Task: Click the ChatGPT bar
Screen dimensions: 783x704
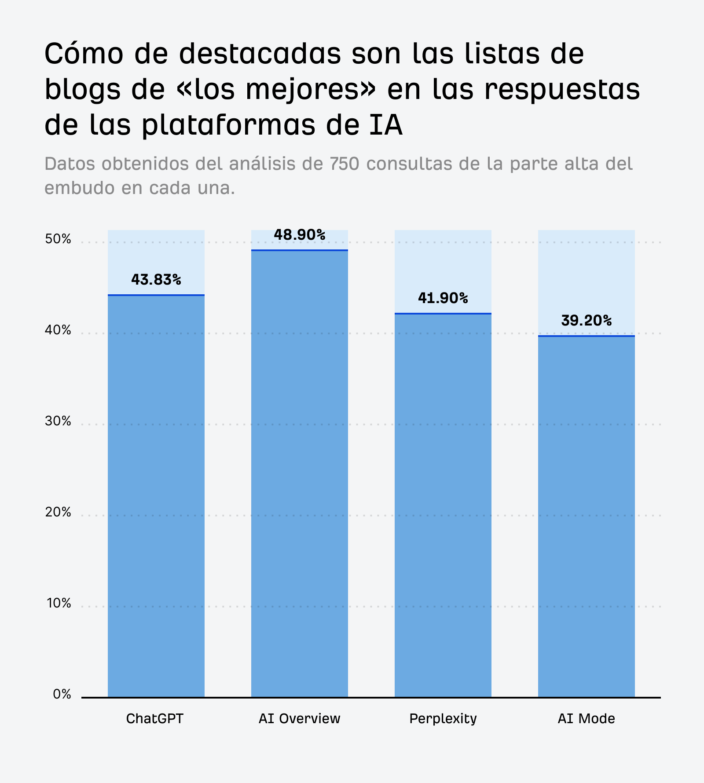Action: click(x=156, y=496)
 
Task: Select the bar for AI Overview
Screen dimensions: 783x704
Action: click(x=300, y=473)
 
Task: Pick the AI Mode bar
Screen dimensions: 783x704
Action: click(x=587, y=516)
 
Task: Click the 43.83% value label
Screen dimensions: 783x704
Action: click(x=156, y=280)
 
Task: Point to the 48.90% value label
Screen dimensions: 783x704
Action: click(x=300, y=235)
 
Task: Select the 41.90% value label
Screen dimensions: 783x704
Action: click(x=443, y=298)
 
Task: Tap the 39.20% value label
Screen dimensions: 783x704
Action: click(x=587, y=321)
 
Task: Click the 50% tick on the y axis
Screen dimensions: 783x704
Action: click(x=58, y=239)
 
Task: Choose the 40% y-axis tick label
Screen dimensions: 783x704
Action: click(x=58, y=330)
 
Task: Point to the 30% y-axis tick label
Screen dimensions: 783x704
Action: click(x=58, y=421)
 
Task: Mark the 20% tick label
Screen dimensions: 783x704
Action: click(x=58, y=512)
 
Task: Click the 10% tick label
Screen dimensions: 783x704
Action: click(x=59, y=604)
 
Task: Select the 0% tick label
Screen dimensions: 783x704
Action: click(x=62, y=695)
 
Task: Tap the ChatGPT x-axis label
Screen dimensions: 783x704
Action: click(x=154, y=719)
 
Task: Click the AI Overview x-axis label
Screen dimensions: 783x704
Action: click(x=300, y=719)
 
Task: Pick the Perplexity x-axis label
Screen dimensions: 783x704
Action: click(x=443, y=719)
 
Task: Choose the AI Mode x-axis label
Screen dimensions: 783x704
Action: click(x=587, y=719)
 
